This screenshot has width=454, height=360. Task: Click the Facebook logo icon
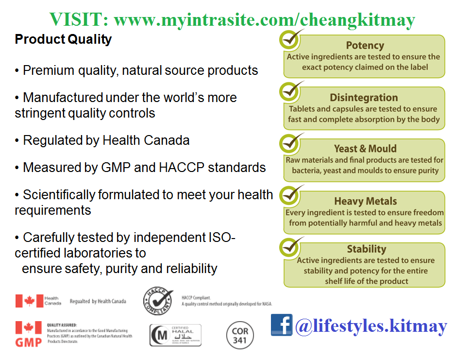[x=282, y=325]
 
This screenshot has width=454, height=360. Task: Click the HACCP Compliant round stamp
[x=158, y=301]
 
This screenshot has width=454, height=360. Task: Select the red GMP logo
[x=28, y=334]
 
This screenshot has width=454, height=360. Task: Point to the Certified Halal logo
[x=175, y=335]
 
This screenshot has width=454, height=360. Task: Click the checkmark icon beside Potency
[x=291, y=40]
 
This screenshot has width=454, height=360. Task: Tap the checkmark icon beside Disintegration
[x=291, y=92]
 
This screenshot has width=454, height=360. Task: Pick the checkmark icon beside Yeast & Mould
[x=291, y=144]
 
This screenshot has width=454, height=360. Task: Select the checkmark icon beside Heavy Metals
[x=291, y=196]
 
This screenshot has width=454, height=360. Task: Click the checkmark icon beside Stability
[x=291, y=248]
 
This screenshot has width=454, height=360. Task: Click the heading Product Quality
[x=63, y=39]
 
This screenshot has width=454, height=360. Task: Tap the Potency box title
[x=365, y=46]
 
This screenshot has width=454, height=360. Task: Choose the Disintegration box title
[x=364, y=98]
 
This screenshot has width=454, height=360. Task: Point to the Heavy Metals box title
[x=365, y=201]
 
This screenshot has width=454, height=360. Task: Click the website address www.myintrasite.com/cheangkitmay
[x=264, y=20]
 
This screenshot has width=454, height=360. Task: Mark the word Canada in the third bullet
[x=166, y=140]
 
